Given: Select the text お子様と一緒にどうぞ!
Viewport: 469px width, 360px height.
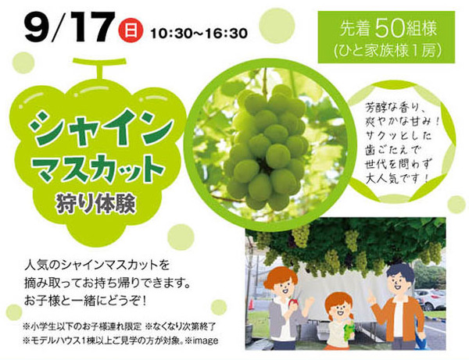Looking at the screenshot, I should (86, 298).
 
